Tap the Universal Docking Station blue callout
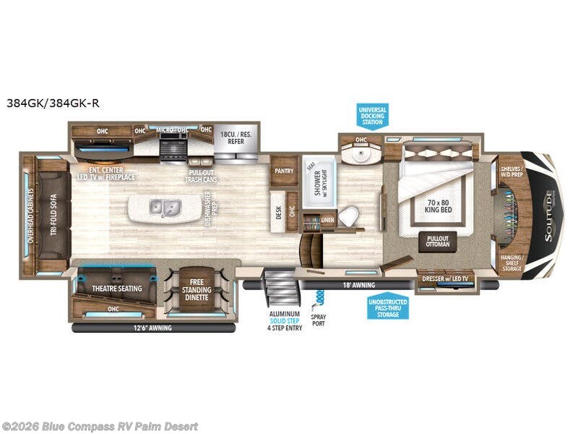tap(373, 116)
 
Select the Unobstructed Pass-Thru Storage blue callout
tap(387, 308)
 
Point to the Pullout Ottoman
tap(438, 242)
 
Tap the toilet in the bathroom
tap(349, 215)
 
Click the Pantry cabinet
tap(282, 171)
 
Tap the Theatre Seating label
tap(116, 289)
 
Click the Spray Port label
tap(319, 319)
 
